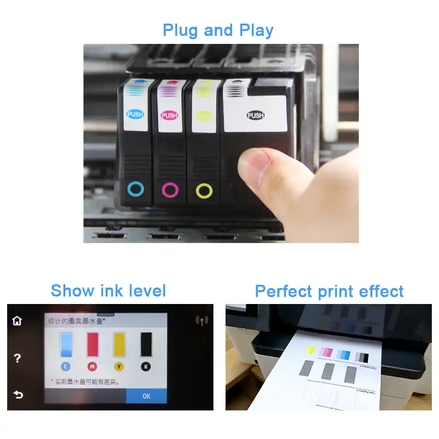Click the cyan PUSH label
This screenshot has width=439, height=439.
(135, 115)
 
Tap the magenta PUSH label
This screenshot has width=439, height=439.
(170, 115)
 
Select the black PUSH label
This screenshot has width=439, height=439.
(255, 115)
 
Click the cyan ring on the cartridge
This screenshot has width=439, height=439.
(136, 190)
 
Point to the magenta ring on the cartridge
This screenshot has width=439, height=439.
(170, 190)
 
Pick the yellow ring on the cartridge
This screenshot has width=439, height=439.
(204, 191)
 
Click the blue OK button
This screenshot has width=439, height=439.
(146, 396)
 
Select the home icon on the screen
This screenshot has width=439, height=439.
(17, 320)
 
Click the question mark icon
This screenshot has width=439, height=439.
(18, 358)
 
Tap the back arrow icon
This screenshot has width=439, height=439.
(18, 395)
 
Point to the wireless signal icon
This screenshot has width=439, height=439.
(202, 320)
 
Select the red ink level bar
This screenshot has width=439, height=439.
(92, 345)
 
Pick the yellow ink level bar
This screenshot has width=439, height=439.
(119, 345)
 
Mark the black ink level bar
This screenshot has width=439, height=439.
(146, 345)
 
